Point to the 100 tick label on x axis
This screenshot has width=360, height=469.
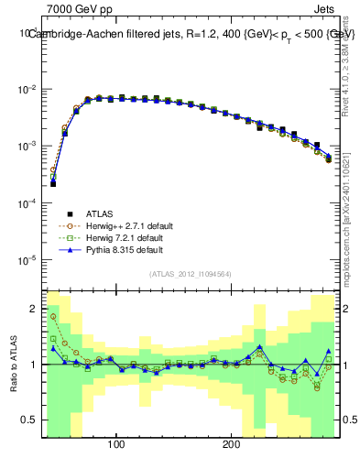(116, 443)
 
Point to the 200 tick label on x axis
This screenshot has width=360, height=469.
(232, 443)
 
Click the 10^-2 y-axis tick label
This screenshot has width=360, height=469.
(26, 90)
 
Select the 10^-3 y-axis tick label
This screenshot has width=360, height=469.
(26, 147)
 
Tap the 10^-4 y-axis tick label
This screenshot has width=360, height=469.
(26, 203)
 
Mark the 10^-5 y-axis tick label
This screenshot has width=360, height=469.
(26, 260)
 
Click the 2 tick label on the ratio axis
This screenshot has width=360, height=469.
(33, 307)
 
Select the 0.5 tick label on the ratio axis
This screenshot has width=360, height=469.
(29, 421)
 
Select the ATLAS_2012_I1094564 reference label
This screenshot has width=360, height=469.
(190, 274)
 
